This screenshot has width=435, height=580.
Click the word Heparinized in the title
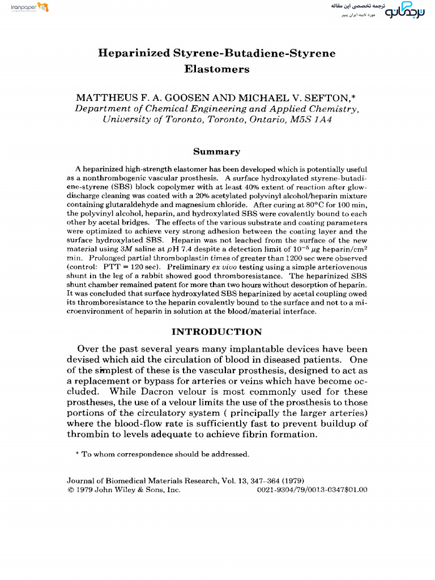tap(134, 54)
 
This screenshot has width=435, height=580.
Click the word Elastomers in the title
tap(217, 70)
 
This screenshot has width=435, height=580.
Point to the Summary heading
tap(217, 152)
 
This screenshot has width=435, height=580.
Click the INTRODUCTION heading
tap(217, 332)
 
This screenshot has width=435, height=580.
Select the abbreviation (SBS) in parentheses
tap(117, 186)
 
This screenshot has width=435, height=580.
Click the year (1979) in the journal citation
tap(296, 481)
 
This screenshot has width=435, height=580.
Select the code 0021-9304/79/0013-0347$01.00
tap(313, 490)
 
